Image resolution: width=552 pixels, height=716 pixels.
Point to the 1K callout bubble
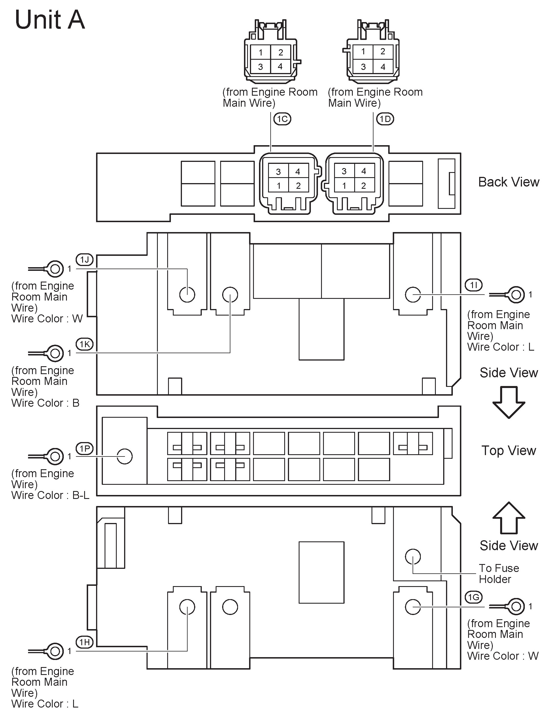[x=85, y=344]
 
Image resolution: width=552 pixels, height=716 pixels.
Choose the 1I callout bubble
[x=474, y=285]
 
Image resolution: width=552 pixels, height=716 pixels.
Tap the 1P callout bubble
[x=85, y=448]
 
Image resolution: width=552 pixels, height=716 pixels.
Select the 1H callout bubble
[x=85, y=642]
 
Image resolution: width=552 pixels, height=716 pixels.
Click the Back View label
[x=509, y=182]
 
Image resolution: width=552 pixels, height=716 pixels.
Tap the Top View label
[x=509, y=451]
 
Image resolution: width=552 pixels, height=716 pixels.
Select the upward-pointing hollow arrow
[x=509, y=518]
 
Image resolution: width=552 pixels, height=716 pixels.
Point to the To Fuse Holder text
[x=499, y=573]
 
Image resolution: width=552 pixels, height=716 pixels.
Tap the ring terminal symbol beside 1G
[x=515, y=606]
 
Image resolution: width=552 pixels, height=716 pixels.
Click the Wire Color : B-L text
[x=50, y=495]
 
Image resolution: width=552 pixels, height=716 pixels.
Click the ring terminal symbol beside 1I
[x=515, y=295]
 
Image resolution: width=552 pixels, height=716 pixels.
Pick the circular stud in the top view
[x=125, y=456]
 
